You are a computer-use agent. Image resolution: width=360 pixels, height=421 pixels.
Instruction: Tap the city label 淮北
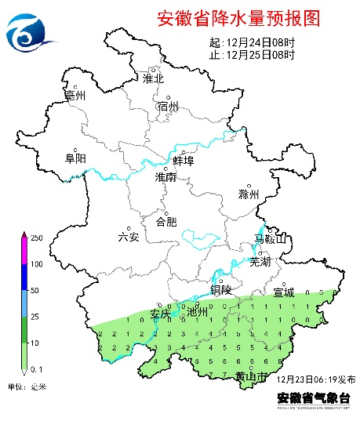[153, 78]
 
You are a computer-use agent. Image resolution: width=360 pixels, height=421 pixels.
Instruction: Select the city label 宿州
[168, 107]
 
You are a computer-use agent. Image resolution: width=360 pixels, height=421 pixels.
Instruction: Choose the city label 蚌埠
[183, 161]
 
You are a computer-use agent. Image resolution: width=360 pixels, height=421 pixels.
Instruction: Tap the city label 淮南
[166, 178]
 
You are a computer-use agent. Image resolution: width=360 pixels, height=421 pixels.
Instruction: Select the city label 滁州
[249, 194]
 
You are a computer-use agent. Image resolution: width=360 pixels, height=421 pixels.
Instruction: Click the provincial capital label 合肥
[166, 222]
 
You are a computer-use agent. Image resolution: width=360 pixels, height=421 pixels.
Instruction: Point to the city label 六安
[128, 237]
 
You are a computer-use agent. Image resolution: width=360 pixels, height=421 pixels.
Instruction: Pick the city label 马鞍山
[271, 238]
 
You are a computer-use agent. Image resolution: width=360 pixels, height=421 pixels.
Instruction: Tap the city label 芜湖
[260, 262]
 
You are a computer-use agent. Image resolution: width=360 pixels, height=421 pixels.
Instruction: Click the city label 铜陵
[221, 289]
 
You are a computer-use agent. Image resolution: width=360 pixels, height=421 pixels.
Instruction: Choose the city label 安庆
[160, 314]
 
